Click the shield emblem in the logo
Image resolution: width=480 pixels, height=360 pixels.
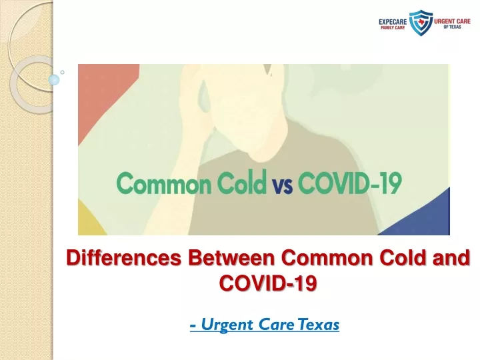[x=421, y=23]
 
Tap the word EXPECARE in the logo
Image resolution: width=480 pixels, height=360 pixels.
[x=393, y=22]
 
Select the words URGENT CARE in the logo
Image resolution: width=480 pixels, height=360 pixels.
[x=452, y=21]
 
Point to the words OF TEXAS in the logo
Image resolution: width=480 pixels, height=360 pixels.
[x=452, y=27]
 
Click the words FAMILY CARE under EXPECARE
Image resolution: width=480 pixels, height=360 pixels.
[x=393, y=27]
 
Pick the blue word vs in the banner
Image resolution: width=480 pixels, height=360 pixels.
[x=282, y=185]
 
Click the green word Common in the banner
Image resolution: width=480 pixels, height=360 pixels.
[x=164, y=183]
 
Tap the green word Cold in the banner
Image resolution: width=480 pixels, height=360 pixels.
[x=241, y=182]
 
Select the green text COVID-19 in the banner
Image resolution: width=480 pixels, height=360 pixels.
[x=349, y=183]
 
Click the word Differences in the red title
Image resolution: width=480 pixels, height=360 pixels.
[x=124, y=257]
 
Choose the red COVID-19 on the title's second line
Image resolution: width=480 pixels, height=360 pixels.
[x=268, y=283]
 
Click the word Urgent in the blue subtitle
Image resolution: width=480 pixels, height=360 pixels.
[x=227, y=325]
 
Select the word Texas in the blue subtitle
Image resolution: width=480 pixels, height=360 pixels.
[x=319, y=325]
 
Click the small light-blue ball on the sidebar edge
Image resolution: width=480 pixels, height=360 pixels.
[x=54, y=79]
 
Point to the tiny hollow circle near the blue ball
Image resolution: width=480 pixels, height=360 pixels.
[x=63, y=72]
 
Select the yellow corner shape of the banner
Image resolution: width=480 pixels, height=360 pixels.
[x=89, y=221]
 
